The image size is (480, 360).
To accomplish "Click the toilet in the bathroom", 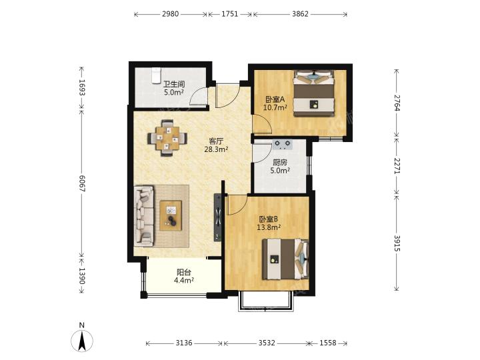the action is [156, 75].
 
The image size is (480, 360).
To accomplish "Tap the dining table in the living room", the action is [167, 139].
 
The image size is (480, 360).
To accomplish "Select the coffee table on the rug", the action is [171, 215].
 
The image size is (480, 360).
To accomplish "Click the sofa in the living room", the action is [144, 216].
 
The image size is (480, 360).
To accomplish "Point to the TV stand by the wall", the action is [217, 217].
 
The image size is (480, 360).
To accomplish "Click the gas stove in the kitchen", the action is [283, 144].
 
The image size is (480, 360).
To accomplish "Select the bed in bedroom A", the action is [313, 93].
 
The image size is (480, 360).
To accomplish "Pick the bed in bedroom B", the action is [285, 259].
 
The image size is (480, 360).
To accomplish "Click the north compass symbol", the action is [82, 337].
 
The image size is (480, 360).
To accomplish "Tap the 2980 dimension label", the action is [170, 14].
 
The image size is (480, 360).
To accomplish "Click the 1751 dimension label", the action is [229, 14].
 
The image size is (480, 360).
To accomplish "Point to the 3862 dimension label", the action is [300, 14].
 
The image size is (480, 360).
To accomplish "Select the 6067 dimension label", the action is [82, 183].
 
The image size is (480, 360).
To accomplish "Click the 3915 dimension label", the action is [397, 243].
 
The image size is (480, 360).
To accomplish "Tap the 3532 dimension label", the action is [266, 343].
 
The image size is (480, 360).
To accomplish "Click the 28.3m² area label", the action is [216, 149].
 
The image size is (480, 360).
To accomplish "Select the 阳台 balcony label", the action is [184, 272].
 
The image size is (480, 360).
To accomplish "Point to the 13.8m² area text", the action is [269, 227].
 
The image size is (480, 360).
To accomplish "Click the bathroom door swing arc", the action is [196, 94].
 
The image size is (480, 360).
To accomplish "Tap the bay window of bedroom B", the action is [266, 302].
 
